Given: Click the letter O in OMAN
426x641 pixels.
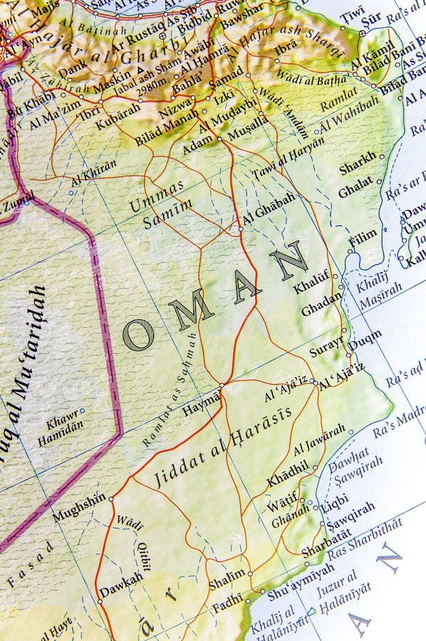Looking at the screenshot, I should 138,334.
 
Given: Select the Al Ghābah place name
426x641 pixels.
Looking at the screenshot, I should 269,209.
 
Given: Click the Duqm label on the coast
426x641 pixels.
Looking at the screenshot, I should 364,340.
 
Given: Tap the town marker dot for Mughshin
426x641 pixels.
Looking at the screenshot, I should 110,499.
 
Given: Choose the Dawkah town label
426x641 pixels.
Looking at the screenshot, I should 121,585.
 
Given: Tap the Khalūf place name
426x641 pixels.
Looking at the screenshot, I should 311,282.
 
